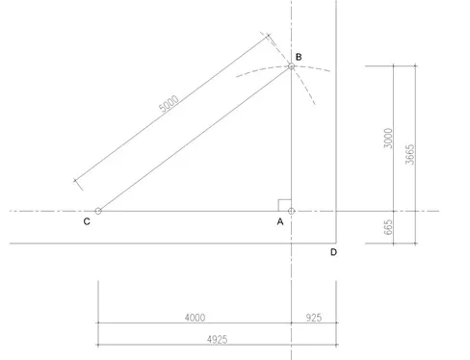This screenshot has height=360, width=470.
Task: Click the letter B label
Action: (x=300, y=58)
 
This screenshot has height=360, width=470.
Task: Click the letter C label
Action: (x=87, y=221)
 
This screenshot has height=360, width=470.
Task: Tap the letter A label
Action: (x=280, y=221)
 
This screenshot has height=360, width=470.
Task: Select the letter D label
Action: (x=333, y=253)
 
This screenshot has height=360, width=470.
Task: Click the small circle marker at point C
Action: (x=98, y=210)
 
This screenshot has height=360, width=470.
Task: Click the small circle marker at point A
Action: (x=291, y=210)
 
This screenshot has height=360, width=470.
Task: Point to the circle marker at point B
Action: (x=291, y=66)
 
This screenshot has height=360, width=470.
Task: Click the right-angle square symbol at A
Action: (x=284, y=204)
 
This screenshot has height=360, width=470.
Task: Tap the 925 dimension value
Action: (x=314, y=316)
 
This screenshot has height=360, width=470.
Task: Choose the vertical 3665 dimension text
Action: (x=410, y=154)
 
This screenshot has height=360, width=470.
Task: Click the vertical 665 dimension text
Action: (x=387, y=227)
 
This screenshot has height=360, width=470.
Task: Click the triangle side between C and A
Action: (x=193, y=210)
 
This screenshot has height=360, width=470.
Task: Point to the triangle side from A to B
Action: (x=291, y=140)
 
